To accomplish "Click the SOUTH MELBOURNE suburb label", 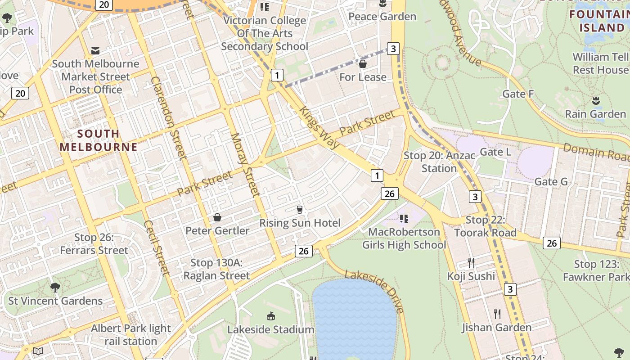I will tap(99, 140).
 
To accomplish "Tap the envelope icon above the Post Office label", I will tap(95, 50).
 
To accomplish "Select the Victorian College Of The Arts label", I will tap(265, 33).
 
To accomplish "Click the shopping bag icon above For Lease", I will tap(363, 64).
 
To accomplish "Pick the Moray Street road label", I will tap(245, 165).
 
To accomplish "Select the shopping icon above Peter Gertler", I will tap(217, 218).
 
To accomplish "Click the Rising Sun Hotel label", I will tap(300, 223).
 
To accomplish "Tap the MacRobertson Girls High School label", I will tap(404, 238).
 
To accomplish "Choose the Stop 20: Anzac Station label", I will tap(439, 162).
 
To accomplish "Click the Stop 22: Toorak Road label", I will tap(485, 226).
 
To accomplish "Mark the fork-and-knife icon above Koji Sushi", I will tap(471, 262).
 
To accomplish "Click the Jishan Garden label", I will tap(497, 328).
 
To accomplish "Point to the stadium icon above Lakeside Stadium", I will tap(271, 316).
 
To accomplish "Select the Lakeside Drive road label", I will tap(374, 291).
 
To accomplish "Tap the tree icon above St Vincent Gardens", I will tap(55, 287).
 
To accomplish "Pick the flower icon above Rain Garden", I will tap(596, 100).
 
